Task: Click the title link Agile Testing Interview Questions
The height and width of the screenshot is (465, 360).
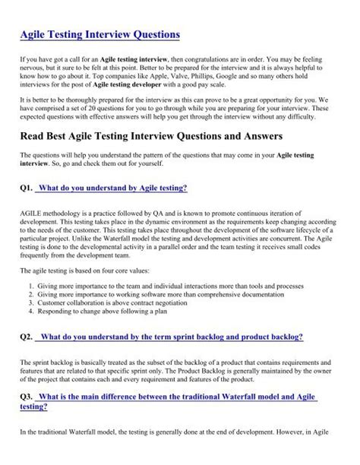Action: [x=100, y=34]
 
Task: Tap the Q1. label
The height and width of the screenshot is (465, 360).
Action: [x=28, y=187]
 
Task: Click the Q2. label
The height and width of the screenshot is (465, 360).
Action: [x=28, y=336]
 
